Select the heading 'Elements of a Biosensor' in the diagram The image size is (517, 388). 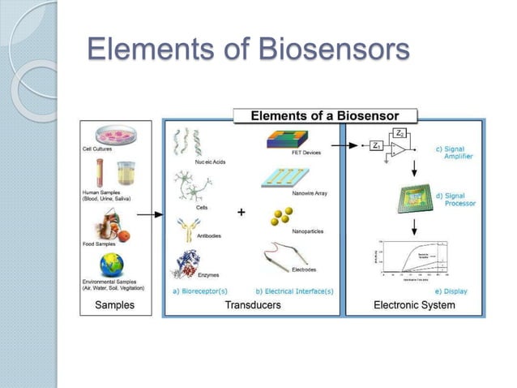(326, 115)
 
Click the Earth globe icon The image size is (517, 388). (113, 266)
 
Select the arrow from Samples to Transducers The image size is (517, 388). (147, 216)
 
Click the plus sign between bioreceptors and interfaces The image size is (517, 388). (241, 213)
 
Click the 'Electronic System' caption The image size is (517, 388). (414, 305)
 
